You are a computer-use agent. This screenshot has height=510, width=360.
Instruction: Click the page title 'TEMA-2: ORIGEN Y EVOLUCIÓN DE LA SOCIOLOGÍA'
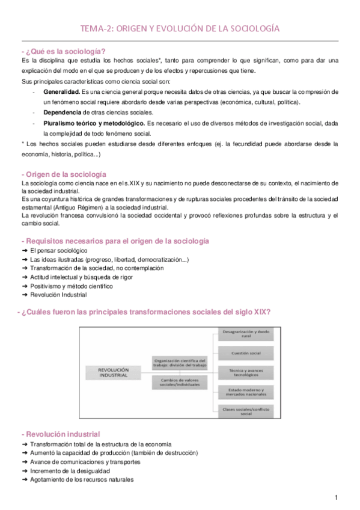180,28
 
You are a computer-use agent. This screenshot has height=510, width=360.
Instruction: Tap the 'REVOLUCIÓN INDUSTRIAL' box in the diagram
114,372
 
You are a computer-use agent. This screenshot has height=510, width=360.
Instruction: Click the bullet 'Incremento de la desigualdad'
67,471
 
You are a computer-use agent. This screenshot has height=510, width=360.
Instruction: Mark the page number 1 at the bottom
337,497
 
